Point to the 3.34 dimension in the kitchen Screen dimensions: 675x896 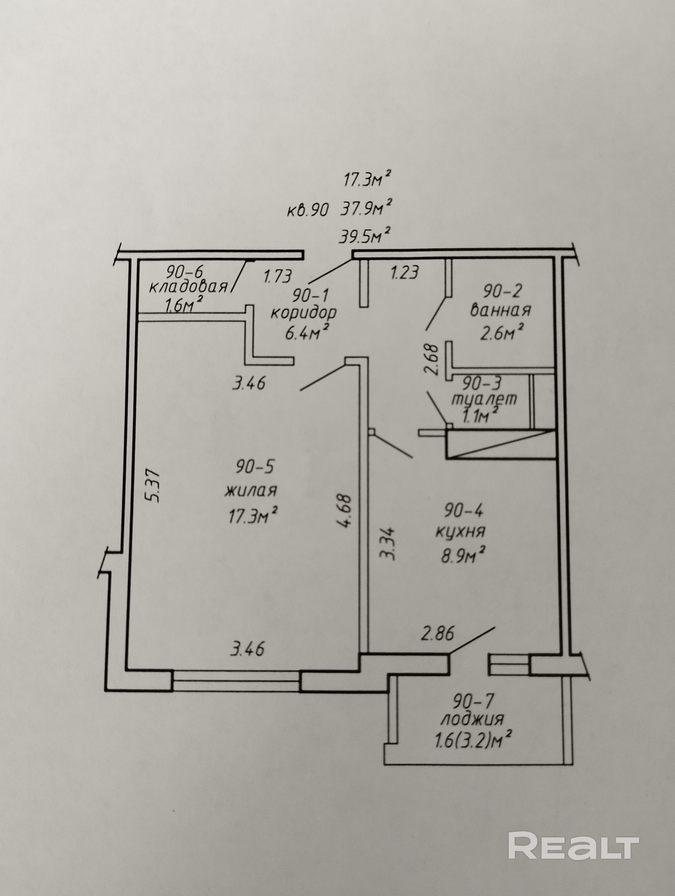pos(388,543)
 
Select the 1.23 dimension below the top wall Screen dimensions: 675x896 pos(404,272)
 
